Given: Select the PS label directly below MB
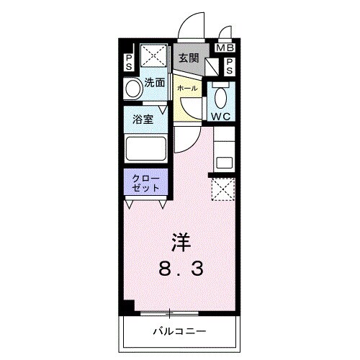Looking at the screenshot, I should [229, 67].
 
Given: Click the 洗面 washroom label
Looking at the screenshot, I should [154, 82].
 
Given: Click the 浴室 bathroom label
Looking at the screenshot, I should [142, 120].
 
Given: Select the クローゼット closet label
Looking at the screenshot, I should [146, 183].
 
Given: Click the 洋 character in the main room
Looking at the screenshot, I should [181, 241].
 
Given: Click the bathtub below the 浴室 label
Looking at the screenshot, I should [146, 151].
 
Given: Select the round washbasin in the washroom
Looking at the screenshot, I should [132, 90].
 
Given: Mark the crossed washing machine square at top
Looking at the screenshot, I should [153, 55].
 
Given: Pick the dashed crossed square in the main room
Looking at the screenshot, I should [222, 189].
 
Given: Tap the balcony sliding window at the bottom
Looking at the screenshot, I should [170, 312].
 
